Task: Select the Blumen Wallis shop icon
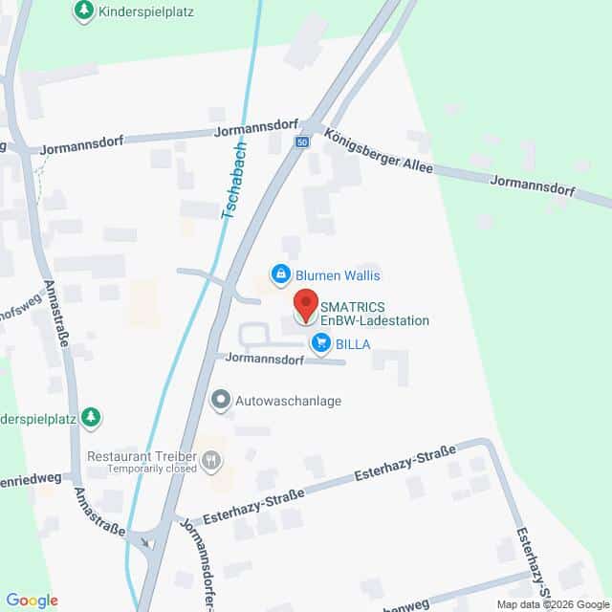click(x=281, y=275)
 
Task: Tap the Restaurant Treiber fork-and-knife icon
click(x=212, y=463)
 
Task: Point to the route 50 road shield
click(x=302, y=142)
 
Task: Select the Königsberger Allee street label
click(x=379, y=152)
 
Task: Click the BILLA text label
click(x=352, y=343)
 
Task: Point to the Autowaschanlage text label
click(x=290, y=402)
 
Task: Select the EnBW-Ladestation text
click(x=374, y=321)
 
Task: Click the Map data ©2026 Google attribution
click(x=552, y=604)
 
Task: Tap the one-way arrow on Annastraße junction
click(x=145, y=542)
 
